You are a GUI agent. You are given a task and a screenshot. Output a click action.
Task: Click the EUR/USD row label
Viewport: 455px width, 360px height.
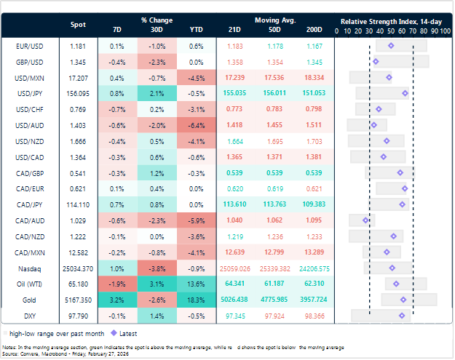(28, 46)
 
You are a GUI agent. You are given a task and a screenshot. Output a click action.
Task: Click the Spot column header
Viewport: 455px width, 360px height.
(78, 25)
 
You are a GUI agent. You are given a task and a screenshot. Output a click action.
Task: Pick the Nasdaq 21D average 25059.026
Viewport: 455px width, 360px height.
(235, 268)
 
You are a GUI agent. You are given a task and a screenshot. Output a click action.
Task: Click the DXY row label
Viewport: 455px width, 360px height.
(28, 315)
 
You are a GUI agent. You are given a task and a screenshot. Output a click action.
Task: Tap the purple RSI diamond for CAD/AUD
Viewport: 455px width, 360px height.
(366, 220)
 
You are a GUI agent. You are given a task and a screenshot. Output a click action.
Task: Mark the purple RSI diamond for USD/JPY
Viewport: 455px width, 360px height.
(405, 93)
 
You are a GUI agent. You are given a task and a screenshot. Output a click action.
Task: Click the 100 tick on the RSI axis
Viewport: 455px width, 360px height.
(444, 32)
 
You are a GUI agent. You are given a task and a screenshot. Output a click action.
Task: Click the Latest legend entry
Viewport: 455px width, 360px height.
(103, 332)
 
